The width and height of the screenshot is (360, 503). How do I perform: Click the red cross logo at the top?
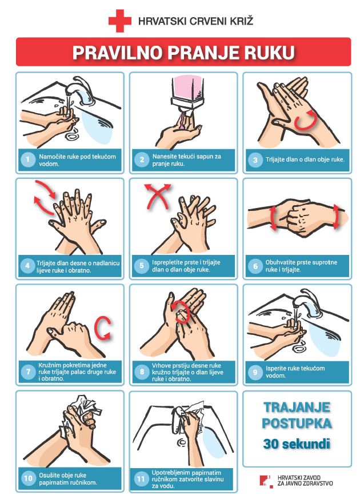119,21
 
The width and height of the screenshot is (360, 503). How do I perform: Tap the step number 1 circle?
28,159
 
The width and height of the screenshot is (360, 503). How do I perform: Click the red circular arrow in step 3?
306,120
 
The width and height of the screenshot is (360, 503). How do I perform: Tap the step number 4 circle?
27,266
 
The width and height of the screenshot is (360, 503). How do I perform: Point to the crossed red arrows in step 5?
157,196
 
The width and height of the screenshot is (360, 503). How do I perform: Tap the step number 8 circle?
142,372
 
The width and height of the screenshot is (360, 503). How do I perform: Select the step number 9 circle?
255,372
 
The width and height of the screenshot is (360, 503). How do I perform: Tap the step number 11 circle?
141,479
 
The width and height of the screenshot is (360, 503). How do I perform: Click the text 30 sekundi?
297,444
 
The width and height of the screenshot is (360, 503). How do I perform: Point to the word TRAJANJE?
297,407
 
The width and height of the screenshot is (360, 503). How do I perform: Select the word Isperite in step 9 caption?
275,368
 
